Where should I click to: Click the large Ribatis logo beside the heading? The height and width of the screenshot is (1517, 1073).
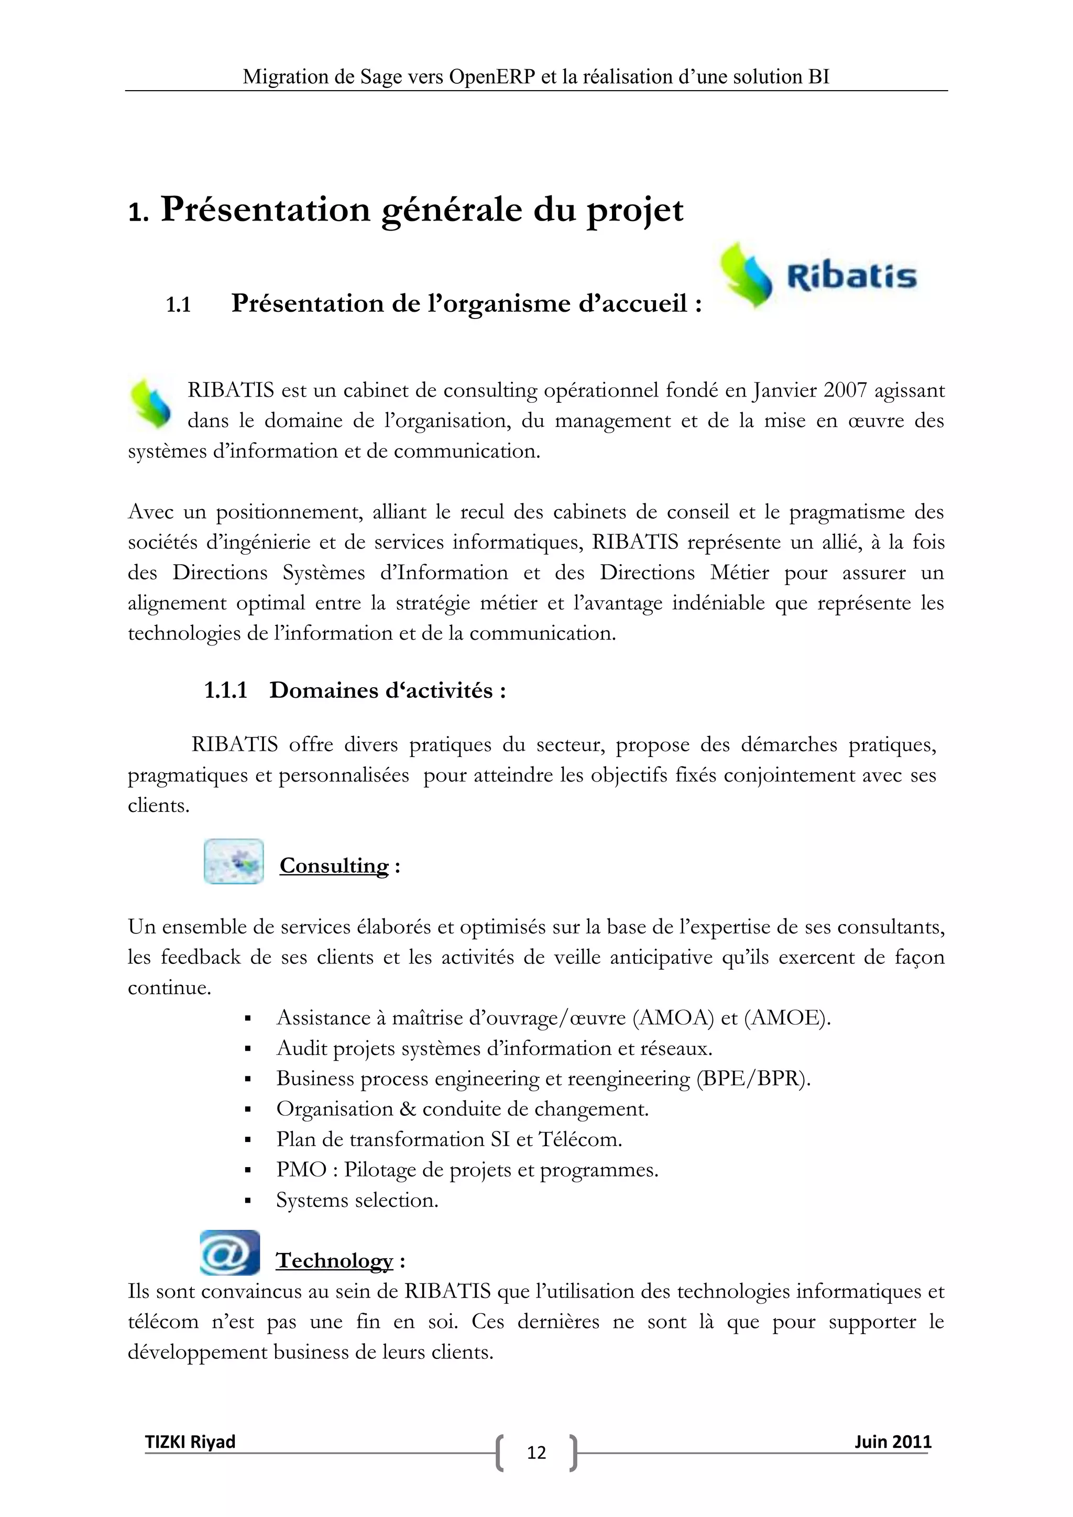pos(818,276)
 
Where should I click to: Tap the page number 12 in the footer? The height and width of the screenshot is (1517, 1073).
pos(536,1452)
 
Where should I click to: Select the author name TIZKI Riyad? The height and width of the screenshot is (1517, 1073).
pos(190,1441)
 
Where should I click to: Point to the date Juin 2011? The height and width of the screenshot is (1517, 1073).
pos(893,1441)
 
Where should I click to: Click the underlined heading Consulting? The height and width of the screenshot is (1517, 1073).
pos(334,865)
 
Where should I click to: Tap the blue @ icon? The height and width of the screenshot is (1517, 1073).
pos(229,1252)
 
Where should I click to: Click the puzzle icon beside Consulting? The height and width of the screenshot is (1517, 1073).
pos(233,862)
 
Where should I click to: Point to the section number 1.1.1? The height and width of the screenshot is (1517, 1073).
pos(225,690)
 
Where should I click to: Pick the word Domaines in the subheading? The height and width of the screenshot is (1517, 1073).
pos(314,690)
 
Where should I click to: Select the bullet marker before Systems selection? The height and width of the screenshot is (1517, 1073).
pos(248,1201)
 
